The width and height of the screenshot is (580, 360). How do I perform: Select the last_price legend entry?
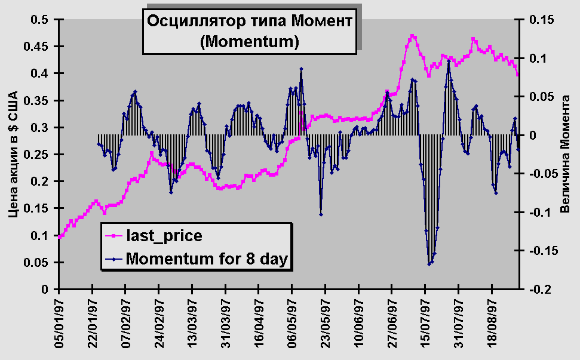click(164, 236)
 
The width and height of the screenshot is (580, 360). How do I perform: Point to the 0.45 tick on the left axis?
click(41, 47)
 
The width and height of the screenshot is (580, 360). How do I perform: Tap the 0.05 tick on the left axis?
click(41, 263)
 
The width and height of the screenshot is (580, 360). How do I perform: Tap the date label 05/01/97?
click(59, 323)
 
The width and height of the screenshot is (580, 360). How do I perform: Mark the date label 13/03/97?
click(192, 323)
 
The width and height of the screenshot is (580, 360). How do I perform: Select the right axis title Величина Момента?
click(564, 155)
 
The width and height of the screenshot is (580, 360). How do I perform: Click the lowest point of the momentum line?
click(429, 264)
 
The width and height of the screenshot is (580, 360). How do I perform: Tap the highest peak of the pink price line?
click(413, 36)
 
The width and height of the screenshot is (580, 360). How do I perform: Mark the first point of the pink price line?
click(59, 236)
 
